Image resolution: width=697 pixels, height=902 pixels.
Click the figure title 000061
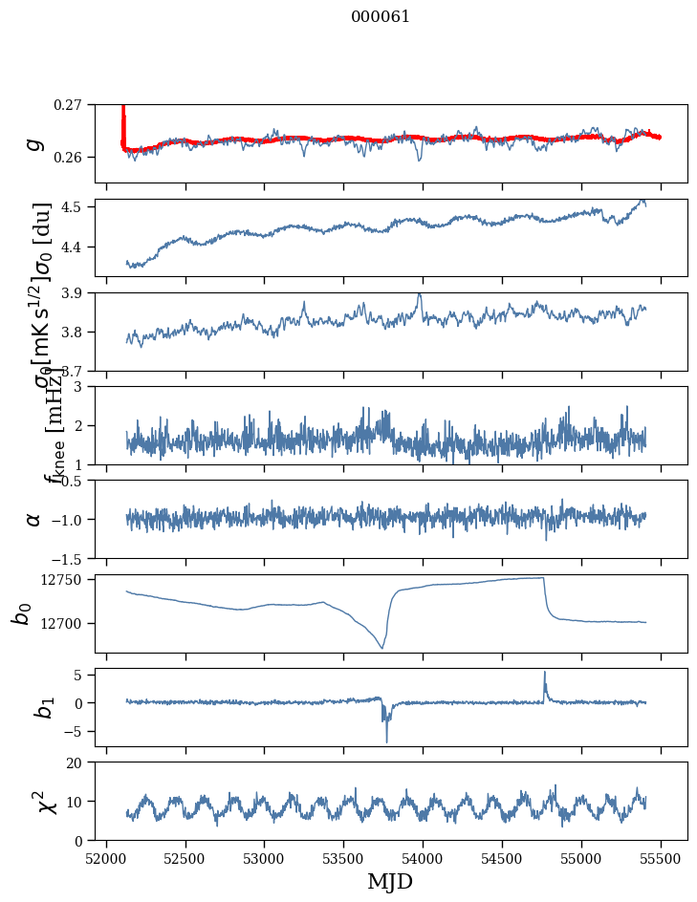tap(381, 16)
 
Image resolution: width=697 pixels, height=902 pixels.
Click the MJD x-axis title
tap(390, 882)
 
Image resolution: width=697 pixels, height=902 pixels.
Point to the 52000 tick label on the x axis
tap(106, 857)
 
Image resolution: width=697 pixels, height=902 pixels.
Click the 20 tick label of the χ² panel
tap(81, 762)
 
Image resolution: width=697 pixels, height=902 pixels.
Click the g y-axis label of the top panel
tap(35, 143)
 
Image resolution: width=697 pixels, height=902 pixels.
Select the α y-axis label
tap(34, 519)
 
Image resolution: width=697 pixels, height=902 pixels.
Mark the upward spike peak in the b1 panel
tap(545, 672)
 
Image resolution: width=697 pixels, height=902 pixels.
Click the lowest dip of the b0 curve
tap(381, 649)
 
